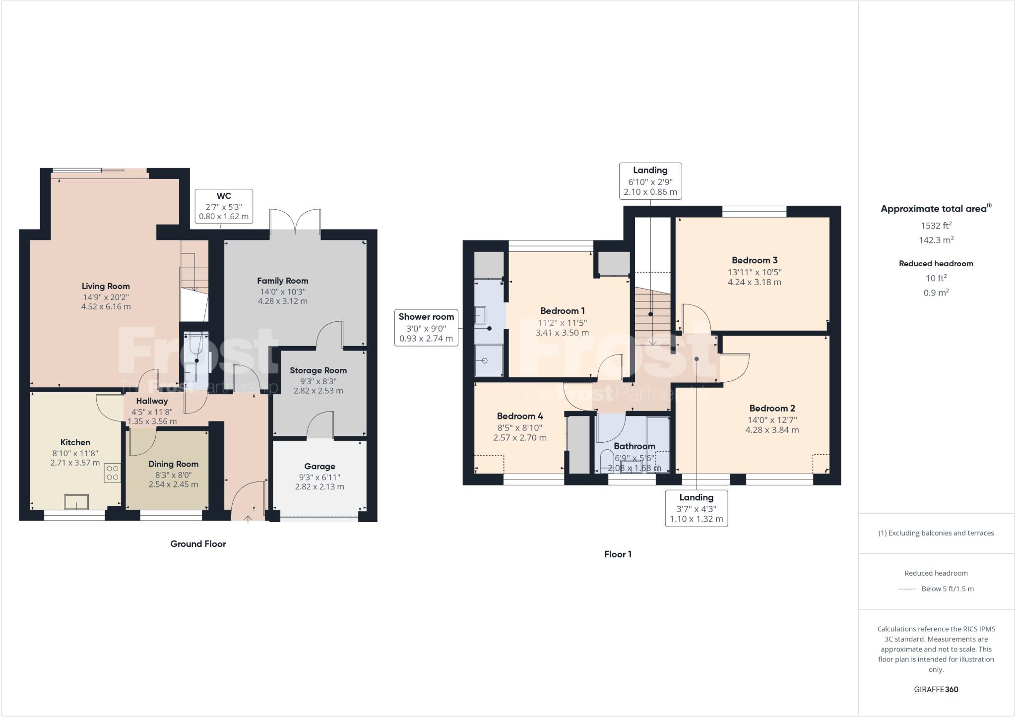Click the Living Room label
pyautogui.click(x=106, y=286)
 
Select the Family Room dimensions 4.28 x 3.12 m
pyautogui.click(x=282, y=301)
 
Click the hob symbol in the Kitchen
pyautogui.click(x=112, y=472)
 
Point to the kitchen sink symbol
pyautogui.click(x=76, y=502)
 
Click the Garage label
pyautogui.click(x=319, y=466)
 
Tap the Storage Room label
pyautogui.click(x=318, y=370)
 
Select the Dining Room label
pyautogui.click(x=173, y=464)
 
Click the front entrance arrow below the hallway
pyautogui.click(x=248, y=518)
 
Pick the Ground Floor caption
pyautogui.click(x=198, y=544)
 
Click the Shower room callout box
pyautogui.click(x=426, y=328)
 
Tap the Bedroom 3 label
pyautogui.click(x=755, y=260)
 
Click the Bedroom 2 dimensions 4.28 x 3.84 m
pyautogui.click(x=772, y=430)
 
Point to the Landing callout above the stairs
pyautogui.click(x=650, y=181)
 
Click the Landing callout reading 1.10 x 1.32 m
pyautogui.click(x=696, y=508)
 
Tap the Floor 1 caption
pyautogui.click(x=618, y=554)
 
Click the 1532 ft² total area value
pyautogui.click(x=936, y=226)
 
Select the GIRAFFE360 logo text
pyautogui.click(x=936, y=689)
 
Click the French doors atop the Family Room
pyautogui.click(x=296, y=222)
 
